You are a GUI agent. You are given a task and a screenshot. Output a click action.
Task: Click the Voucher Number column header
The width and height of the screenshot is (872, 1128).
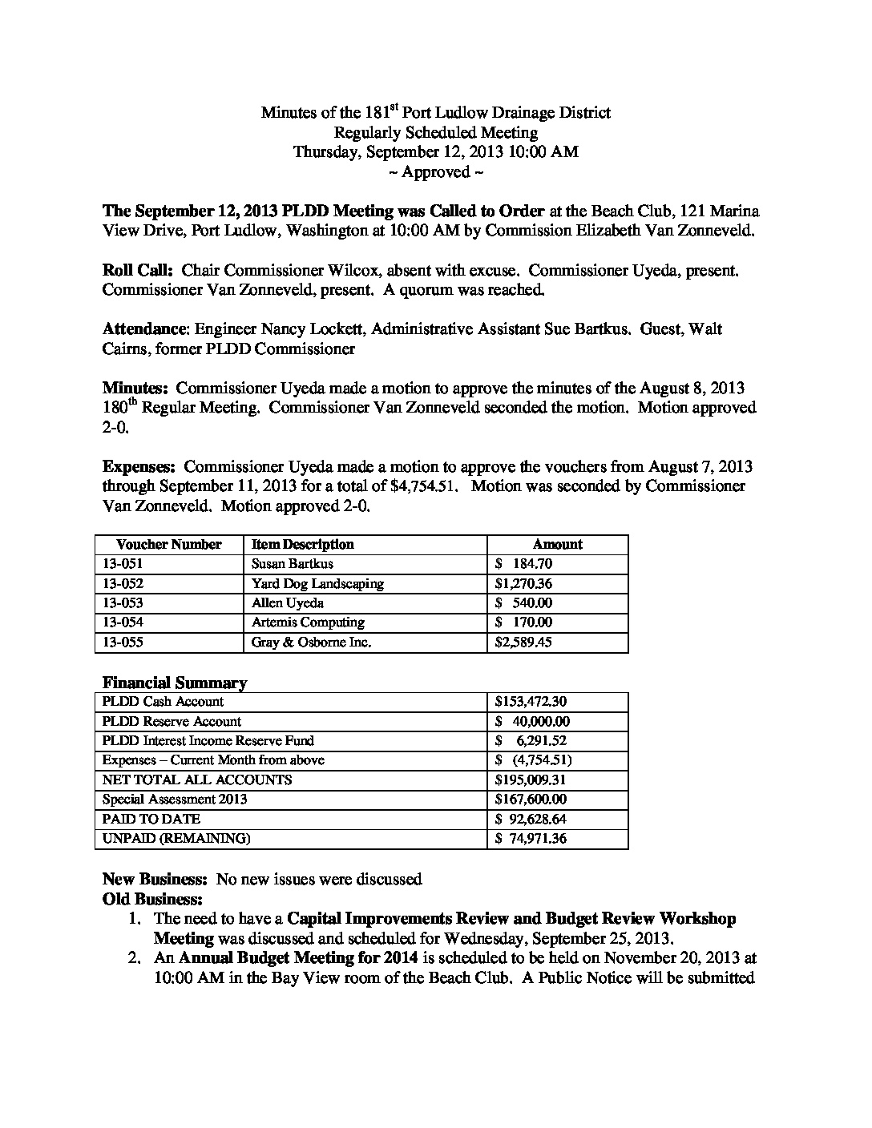(x=168, y=544)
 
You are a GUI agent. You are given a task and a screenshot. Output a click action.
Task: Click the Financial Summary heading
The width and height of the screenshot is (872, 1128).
(x=175, y=683)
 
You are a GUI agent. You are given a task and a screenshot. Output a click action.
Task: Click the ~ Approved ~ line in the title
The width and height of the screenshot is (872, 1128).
(x=435, y=171)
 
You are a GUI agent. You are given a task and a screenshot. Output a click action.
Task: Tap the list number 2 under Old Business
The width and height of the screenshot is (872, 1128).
(x=135, y=957)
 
